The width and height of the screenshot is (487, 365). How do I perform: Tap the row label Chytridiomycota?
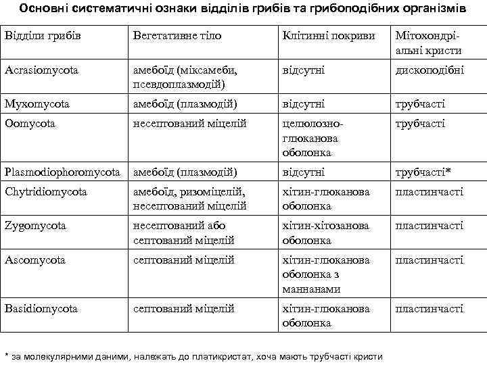coord(46,192)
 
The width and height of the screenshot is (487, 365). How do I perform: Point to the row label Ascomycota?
coord(34,260)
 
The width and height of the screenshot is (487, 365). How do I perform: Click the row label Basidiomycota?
coord(41,308)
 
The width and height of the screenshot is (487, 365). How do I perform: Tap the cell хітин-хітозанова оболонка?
coord(326,233)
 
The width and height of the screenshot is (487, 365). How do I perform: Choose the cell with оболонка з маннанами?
coord(326,274)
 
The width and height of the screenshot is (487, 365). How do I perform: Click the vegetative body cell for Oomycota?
coord(189,124)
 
